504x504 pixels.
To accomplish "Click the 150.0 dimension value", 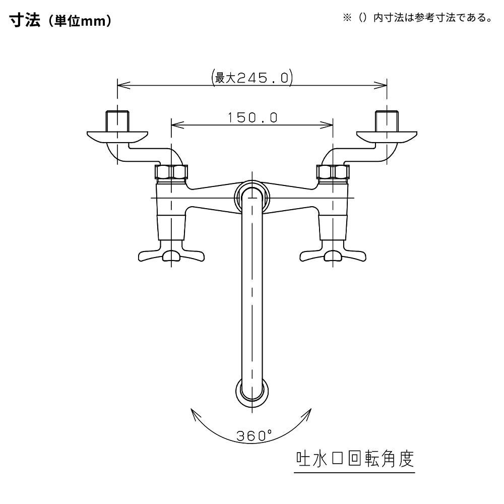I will tap(252, 117).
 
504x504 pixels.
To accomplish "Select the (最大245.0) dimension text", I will tap(252, 78).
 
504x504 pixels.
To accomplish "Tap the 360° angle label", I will tap(254, 435).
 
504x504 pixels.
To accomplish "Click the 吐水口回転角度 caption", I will tap(354, 459).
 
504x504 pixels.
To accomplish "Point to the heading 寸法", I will tap(22, 22).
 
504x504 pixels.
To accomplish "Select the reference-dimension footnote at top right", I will tap(417, 19).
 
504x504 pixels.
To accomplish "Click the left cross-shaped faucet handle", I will tap(171, 253).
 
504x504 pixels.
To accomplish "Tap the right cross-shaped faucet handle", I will tap(333, 253).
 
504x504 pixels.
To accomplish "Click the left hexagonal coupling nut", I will tap(171, 172).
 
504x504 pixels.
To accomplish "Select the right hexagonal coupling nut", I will tap(332, 172).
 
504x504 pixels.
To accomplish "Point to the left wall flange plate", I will tap(117, 136).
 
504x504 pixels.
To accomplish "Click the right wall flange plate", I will tap(387, 136).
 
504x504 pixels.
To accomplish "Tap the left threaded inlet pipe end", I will tap(117, 120).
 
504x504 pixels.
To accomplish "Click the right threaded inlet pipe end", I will tap(387, 120).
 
